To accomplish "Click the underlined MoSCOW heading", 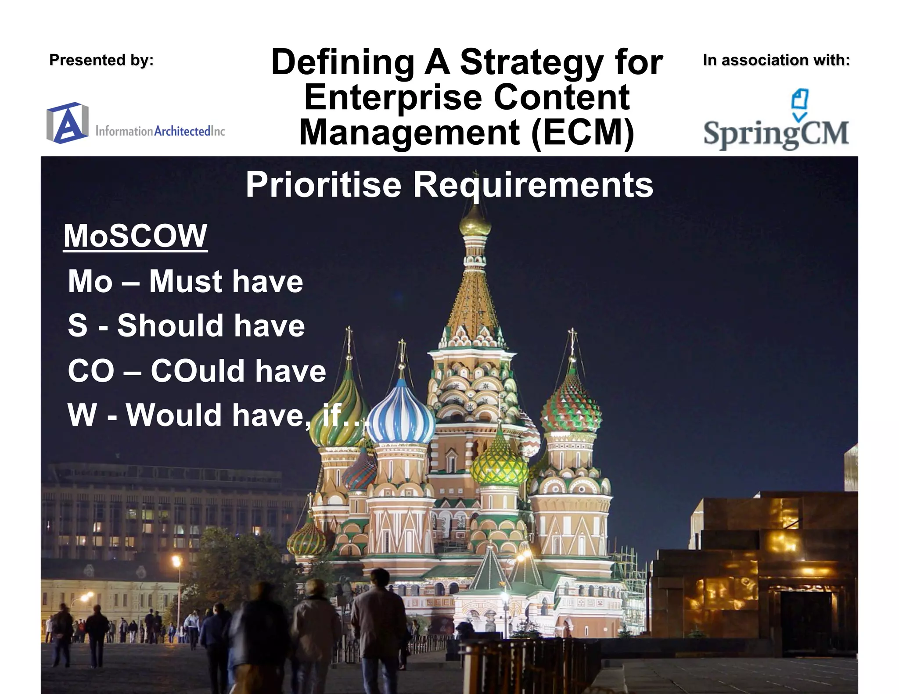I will [x=135, y=236].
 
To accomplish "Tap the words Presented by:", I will [x=101, y=60].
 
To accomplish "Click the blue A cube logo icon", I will [x=67, y=123].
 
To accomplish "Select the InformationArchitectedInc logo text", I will [x=160, y=131].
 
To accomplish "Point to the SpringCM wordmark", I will [x=776, y=134].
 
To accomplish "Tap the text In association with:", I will [x=776, y=60].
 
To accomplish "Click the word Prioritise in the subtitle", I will [x=324, y=185].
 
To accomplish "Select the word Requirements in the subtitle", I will [x=533, y=185].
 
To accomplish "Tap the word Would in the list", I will [x=174, y=415].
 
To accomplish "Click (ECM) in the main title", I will [x=583, y=132].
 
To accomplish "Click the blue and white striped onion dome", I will [x=400, y=415].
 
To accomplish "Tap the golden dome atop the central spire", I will [x=475, y=222].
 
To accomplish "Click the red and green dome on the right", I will [x=571, y=406].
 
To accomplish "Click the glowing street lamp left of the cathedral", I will [x=176, y=561].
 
